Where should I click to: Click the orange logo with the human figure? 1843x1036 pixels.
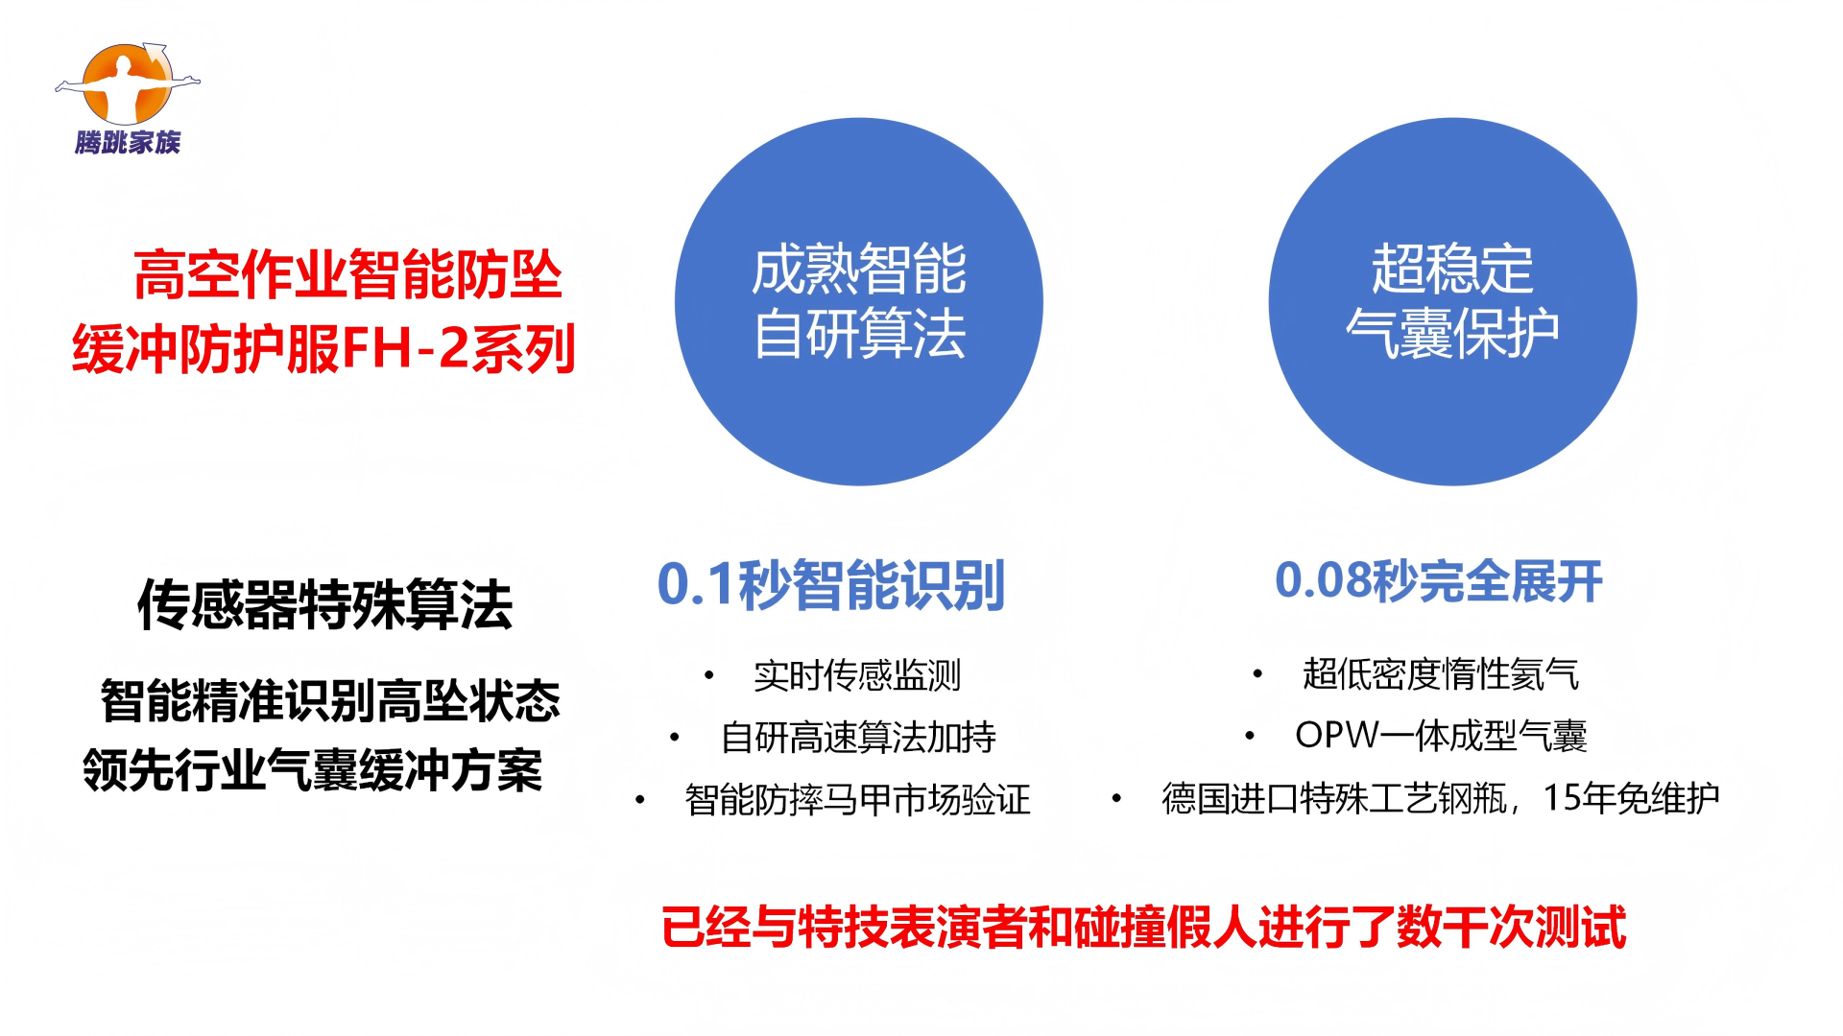[128, 83]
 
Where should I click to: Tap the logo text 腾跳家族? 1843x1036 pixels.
[128, 142]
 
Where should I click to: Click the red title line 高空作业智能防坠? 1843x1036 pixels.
[347, 274]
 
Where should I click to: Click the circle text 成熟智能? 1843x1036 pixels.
[859, 269]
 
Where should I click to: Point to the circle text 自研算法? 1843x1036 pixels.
[859, 334]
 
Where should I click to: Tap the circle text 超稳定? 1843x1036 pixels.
[1452, 269]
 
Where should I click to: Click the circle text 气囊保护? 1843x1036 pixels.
[1452, 334]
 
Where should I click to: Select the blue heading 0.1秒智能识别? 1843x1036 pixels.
[831, 584]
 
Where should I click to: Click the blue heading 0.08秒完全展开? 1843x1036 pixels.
[1439, 581]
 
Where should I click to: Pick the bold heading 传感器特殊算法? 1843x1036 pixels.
[325, 604]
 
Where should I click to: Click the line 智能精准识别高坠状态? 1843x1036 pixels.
[330, 700]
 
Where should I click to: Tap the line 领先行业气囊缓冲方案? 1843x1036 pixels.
[313, 770]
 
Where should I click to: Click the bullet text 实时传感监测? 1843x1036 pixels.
[857, 675]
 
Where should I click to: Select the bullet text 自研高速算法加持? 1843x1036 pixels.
[858, 738]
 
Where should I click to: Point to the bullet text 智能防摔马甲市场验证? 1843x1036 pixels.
[858, 800]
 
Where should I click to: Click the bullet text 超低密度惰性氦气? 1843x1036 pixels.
[1441, 674]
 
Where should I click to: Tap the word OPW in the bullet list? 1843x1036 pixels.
[1337, 736]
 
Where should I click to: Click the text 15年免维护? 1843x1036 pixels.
[1631, 798]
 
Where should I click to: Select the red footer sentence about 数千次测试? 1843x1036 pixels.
[1144, 928]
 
